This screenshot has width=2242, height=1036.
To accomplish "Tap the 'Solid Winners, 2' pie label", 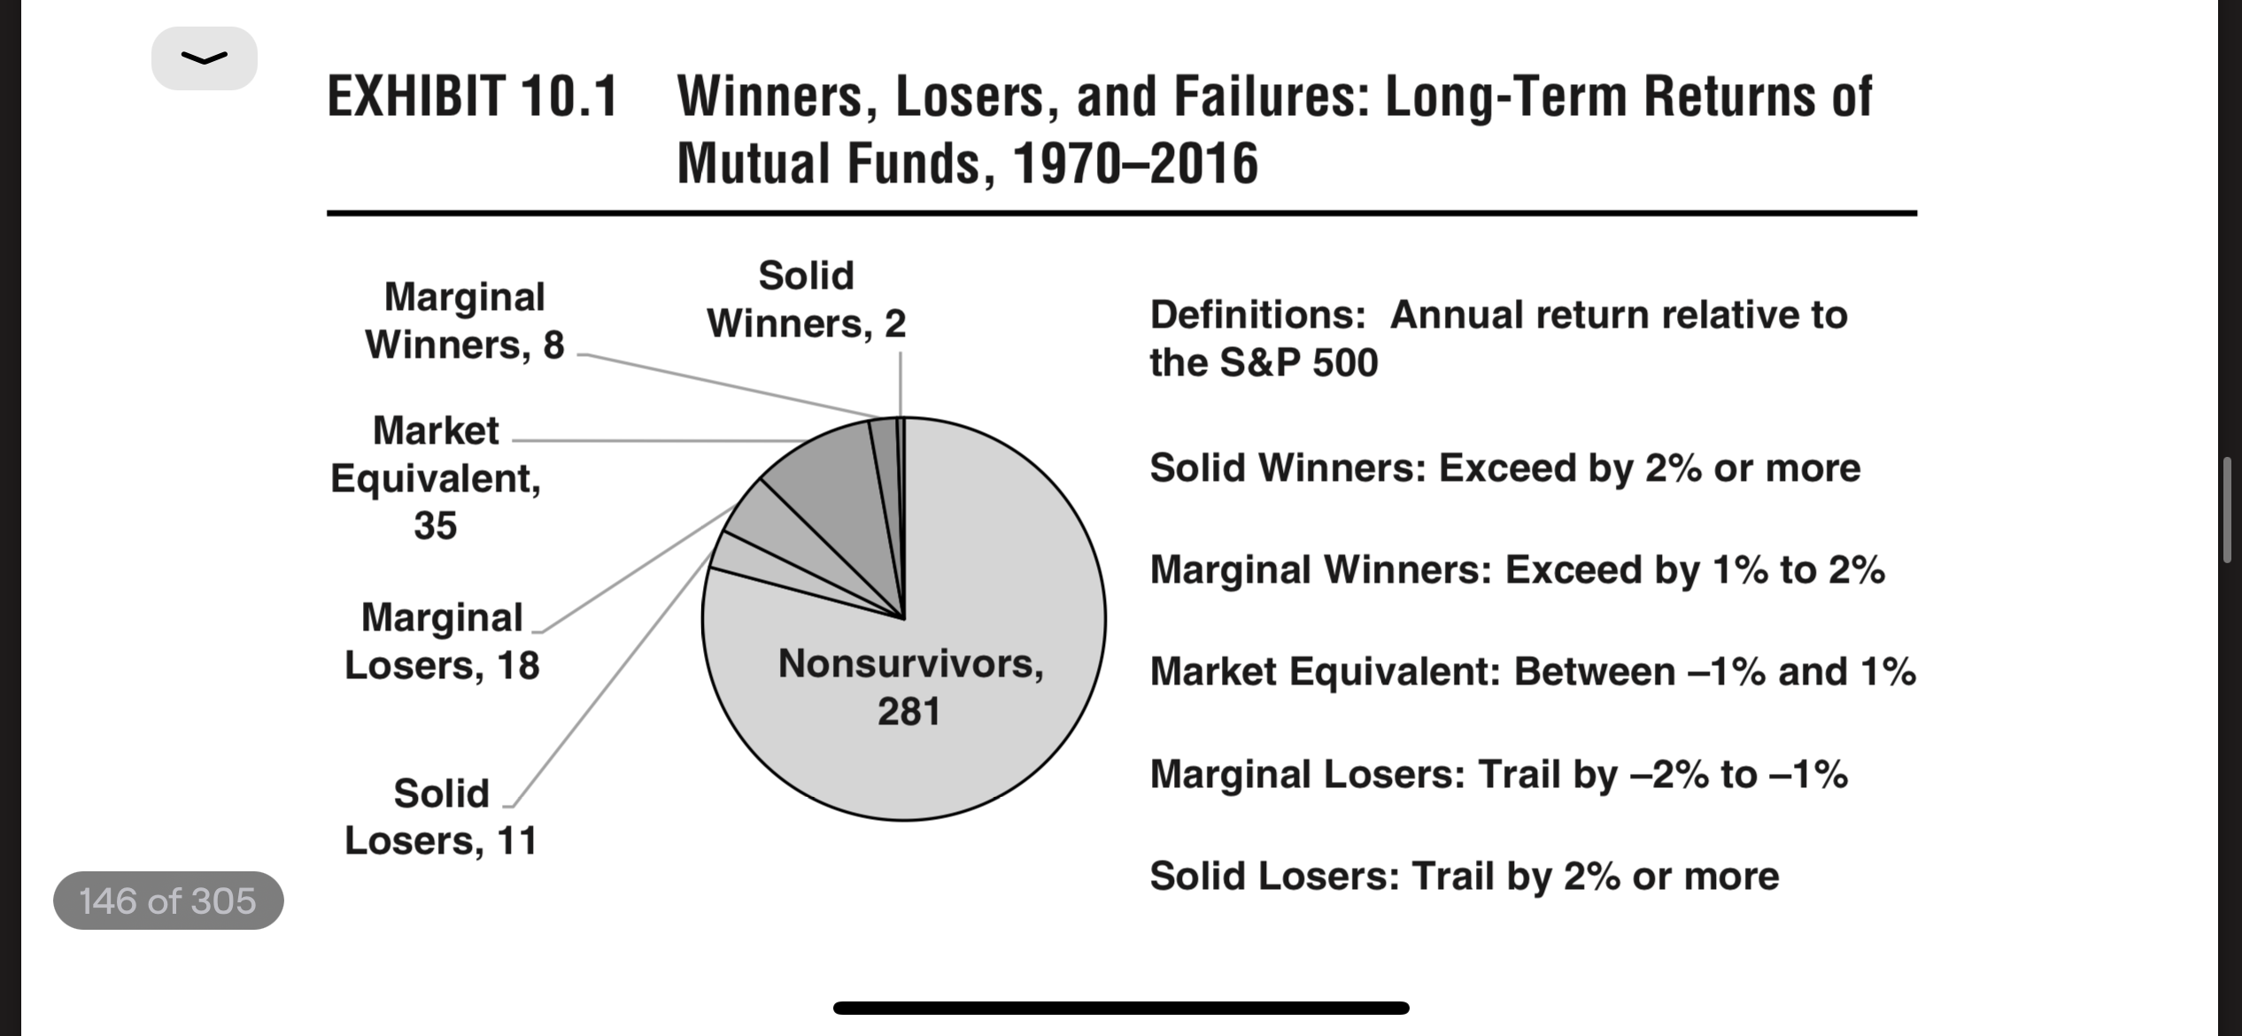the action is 807,299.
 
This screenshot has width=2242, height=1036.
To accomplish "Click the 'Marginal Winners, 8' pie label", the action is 465,321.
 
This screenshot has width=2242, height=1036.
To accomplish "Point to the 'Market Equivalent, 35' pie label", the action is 436,478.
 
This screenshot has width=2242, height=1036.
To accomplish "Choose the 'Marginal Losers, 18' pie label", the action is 442,641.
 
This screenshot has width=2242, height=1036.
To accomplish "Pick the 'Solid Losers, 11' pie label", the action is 441,816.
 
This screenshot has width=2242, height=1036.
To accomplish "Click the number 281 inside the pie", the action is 909,711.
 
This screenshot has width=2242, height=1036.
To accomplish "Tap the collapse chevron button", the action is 205,58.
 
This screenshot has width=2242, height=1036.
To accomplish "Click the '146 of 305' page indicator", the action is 168,901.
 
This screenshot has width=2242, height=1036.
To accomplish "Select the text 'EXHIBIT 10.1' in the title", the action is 472,97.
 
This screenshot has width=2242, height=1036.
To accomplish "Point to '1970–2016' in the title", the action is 1134,164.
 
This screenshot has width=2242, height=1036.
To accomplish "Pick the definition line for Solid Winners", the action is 1505,468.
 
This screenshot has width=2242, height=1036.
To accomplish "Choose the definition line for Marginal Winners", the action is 1518,570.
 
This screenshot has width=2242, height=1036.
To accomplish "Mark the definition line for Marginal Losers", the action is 1499,775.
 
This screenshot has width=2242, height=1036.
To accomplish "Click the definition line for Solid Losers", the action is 1465,877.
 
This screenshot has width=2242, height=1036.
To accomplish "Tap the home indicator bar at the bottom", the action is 1121,1008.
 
